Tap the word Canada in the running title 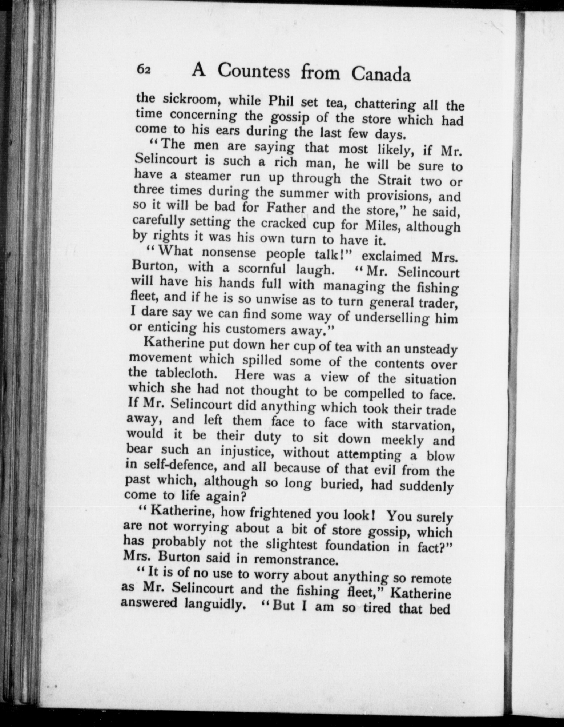381,74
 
